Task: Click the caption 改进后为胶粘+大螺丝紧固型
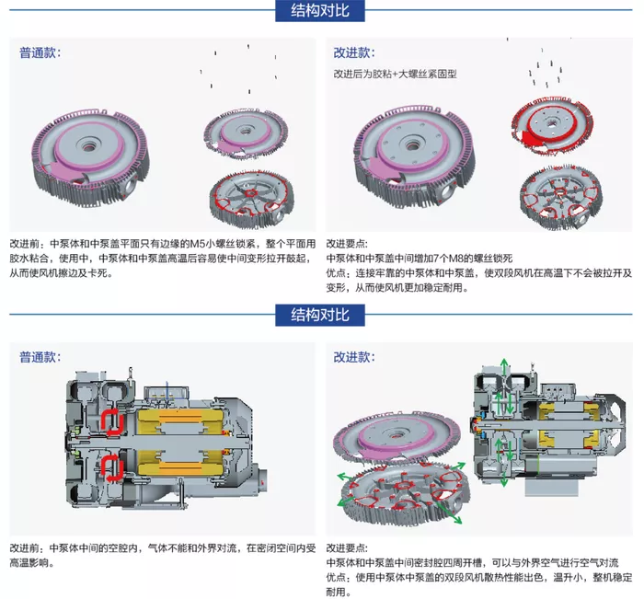click(x=395, y=74)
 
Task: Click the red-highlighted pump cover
click(x=551, y=125)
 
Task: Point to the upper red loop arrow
click(x=112, y=421)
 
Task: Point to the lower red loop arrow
click(x=112, y=468)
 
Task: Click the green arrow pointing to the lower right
click(x=451, y=513)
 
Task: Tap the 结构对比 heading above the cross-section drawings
click(x=320, y=315)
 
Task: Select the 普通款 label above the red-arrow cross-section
click(x=40, y=357)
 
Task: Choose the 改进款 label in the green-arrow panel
click(x=354, y=357)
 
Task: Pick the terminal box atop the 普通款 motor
click(x=166, y=392)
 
